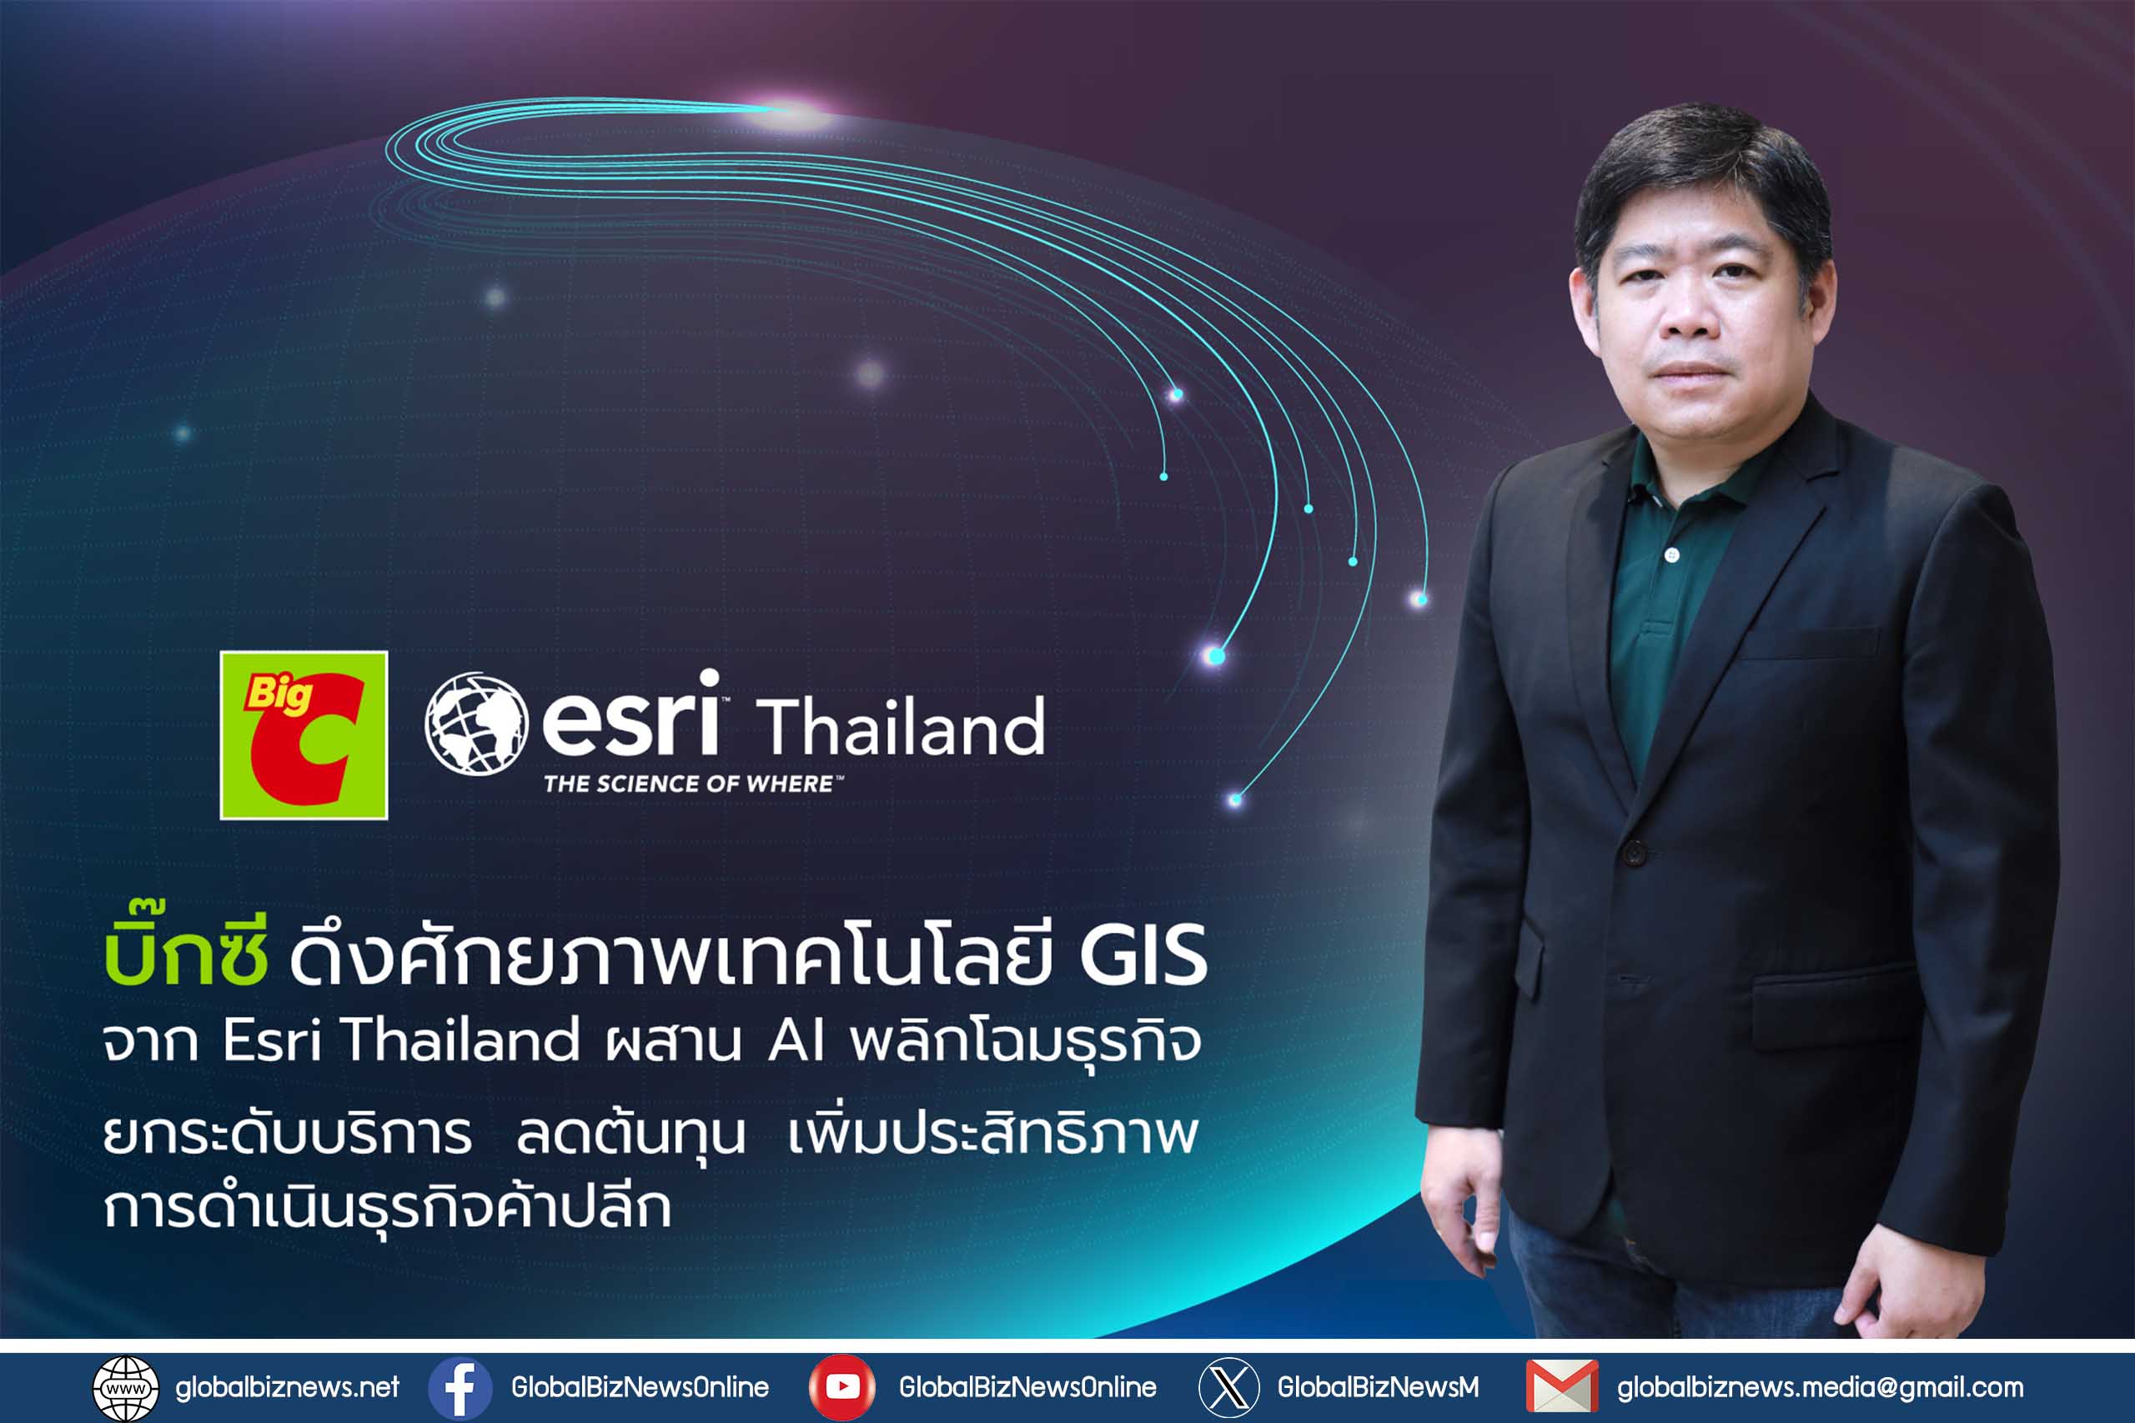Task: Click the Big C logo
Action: [304, 735]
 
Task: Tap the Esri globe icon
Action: [476, 724]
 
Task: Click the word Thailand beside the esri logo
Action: [901, 728]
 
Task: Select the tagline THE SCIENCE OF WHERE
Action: [691, 784]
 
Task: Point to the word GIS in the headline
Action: [1143, 955]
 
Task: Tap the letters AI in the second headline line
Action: [796, 1040]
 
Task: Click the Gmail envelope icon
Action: [1562, 1386]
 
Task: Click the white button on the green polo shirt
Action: [1673, 554]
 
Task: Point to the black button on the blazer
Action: [1634, 853]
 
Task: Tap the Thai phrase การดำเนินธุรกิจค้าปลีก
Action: [388, 1208]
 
